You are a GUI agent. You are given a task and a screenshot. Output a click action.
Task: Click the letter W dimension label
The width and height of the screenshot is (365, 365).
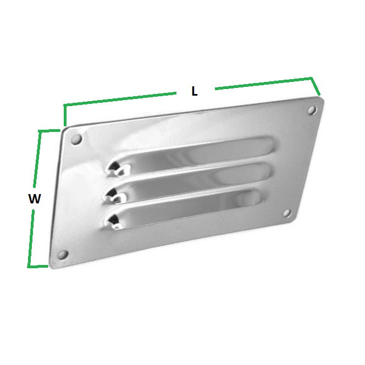34,200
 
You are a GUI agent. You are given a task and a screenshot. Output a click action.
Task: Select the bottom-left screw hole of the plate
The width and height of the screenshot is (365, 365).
62,255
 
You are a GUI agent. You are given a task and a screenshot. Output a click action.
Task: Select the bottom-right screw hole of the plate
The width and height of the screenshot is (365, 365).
286,213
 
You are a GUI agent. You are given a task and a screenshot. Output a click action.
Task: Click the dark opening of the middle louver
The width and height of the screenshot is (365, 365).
114,193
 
